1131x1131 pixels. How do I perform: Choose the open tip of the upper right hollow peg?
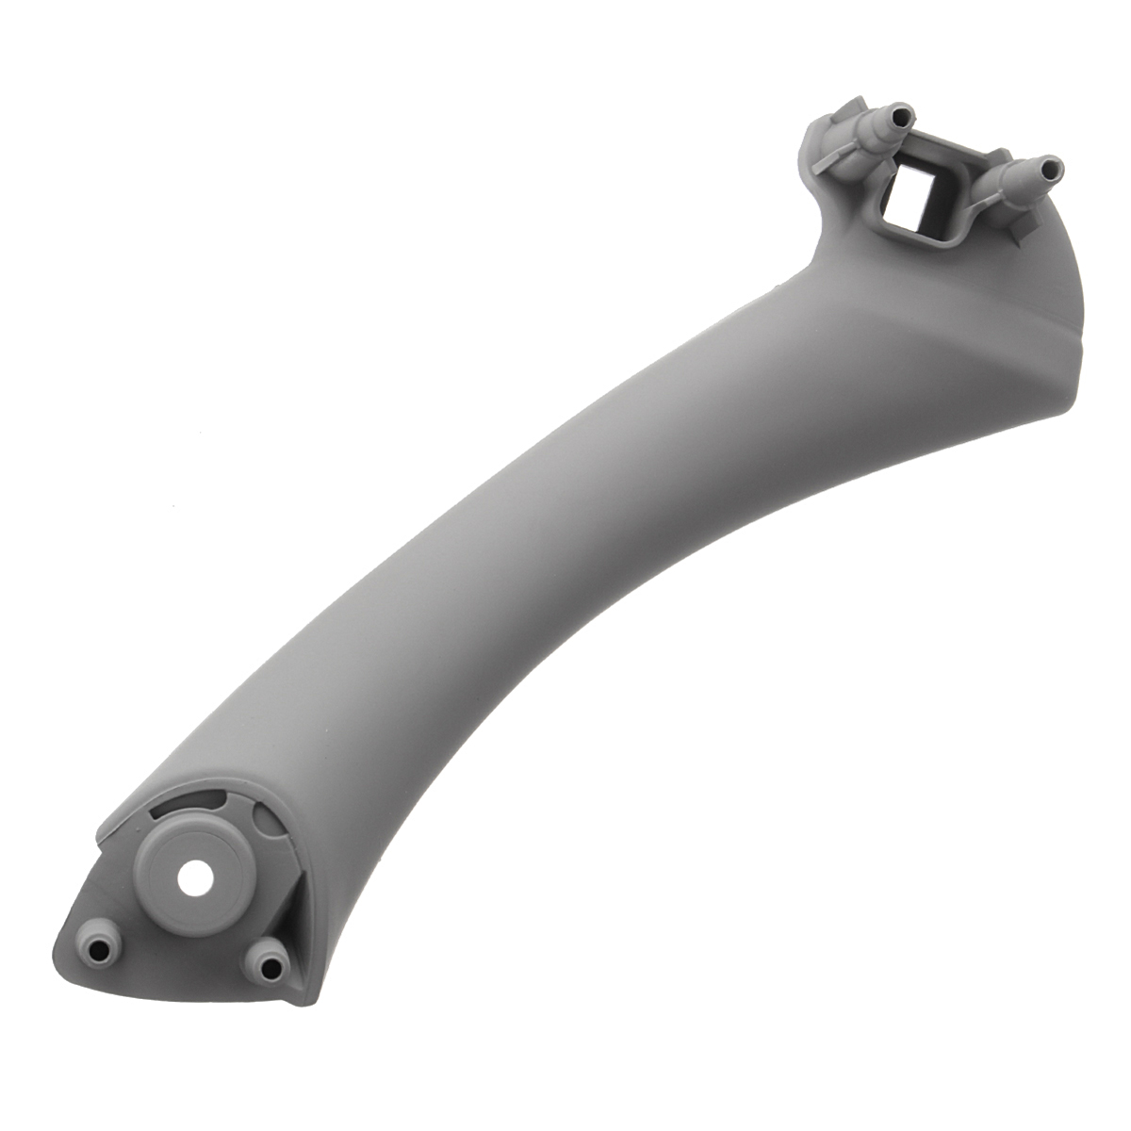(1053, 169)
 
